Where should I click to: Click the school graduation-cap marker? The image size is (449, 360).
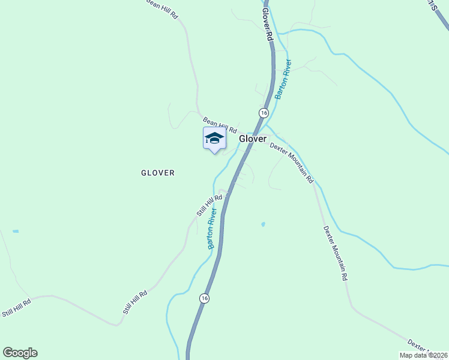pyautogui.click(x=214, y=139)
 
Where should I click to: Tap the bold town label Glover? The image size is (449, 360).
pyautogui.click(x=253, y=139)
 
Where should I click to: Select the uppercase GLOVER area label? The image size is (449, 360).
pyautogui.click(x=158, y=173)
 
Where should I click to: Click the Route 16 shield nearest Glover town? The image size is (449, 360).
pyautogui.click(x=264, y=113)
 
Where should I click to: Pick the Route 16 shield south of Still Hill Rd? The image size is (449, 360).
pyautogui.click(x=205, y=298)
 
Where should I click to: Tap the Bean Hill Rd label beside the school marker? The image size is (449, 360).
pyautogui.click(x=220, y=125)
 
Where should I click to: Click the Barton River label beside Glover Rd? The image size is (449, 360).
pyautogui.click(x=283, y=79)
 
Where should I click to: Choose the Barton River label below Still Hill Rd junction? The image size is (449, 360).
pyautogui.click(x=211, y=229)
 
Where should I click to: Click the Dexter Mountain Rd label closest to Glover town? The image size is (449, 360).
pyautogui.click(x=292, y=162)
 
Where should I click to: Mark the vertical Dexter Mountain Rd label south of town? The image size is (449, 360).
pyautogui.click(x=336, y=253)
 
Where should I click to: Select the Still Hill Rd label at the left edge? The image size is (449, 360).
pyautogui.click(x=16, y=309)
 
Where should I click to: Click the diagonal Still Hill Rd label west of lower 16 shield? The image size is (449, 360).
pyautogui.click(x=135, y=303)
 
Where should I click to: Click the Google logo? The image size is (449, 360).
pyautogui.click(x=20, y=353)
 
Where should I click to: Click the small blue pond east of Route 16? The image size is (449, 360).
pyautogui.click(x=263, y=224)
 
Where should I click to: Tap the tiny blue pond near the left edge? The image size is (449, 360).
pyautogui.click(x=15, y=231)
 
